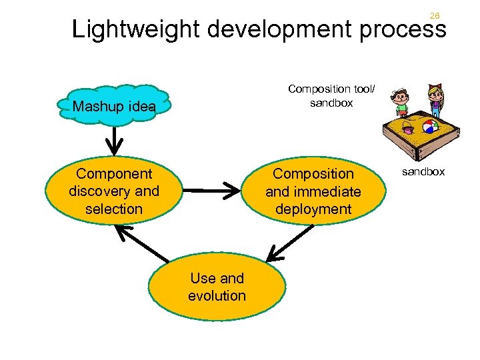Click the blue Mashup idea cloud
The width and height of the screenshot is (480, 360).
click(114, 106)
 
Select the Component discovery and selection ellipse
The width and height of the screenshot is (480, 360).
click(114, 191)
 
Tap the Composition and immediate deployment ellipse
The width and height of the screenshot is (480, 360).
click(313, 191)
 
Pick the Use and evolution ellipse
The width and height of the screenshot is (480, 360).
click(217, 287)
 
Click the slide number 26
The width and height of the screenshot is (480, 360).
click(435, 15)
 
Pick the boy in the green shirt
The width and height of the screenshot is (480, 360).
click(400, 103)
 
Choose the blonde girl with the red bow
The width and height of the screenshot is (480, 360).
click(435, 101)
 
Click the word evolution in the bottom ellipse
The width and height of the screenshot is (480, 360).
click(217, 295)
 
